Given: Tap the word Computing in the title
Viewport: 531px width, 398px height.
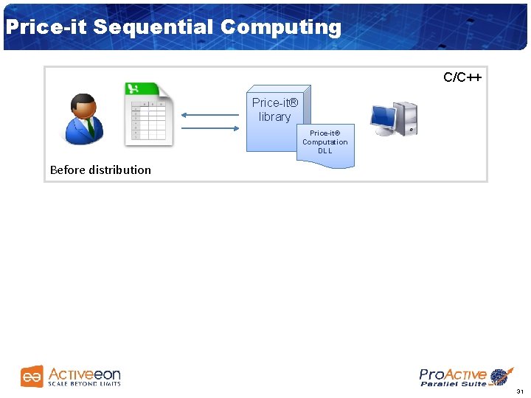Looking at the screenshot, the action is coord(280,27).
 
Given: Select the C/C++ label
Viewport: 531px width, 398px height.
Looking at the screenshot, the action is coord(462,77).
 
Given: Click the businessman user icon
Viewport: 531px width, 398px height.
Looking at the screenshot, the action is coord(83,119).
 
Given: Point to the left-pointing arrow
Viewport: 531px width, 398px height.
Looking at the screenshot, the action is coord(209,115).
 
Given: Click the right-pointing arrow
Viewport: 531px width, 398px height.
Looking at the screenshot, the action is coord(209,129).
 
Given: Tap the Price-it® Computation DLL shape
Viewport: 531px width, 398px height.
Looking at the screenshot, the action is coord(325,144).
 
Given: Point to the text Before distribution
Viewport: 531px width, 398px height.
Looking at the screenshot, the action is coord(100,170).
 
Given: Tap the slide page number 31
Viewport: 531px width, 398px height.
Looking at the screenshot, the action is coord(520,391).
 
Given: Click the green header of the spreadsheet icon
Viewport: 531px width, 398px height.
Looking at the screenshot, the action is coord(143,89).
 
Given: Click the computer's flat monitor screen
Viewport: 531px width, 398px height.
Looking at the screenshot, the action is coord(383,116).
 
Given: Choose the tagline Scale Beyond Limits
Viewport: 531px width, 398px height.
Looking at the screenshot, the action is coord(84,384).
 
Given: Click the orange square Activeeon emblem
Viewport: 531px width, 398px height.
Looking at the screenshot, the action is coord(32,377).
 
